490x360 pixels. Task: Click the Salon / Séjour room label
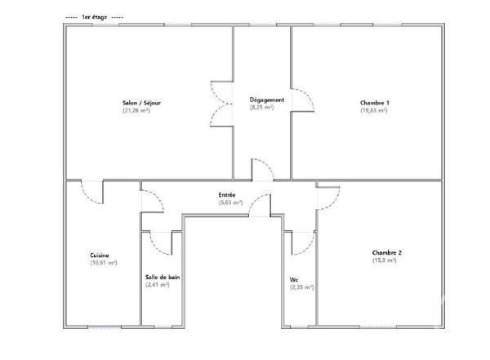[x=136, y=103]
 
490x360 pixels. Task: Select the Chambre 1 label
[x=374, y=103]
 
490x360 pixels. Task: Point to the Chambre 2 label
[x=386, y=253]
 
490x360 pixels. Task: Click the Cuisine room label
[x=100, y=256]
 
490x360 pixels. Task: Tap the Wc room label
[x=293, y=280]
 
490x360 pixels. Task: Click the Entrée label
[x=227, y=195]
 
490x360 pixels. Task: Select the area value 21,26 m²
[x=136, y=110]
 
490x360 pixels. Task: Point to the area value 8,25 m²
[x=261, y=107]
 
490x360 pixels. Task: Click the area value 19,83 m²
[x=374, y=110]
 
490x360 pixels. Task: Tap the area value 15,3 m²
[x=385, y=260]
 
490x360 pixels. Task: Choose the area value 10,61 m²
[x=104, y=263]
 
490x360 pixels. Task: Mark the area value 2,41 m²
[x=157, y=285]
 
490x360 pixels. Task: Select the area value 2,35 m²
[x=301, y=287]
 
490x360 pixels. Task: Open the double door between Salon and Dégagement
[x=222, y=104]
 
